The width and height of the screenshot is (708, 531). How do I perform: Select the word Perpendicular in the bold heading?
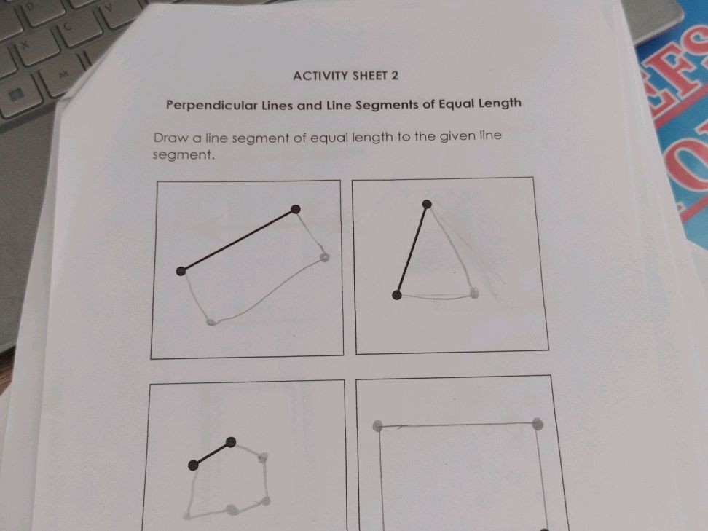(x=212, y=104)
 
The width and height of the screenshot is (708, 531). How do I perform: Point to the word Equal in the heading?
(x=457, y=103)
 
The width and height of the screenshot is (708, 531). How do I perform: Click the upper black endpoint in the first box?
(x=295, y=210)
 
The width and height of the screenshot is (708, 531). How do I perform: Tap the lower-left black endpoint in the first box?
(x=181, y=271)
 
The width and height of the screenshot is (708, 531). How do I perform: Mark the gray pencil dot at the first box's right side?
(x=324, y=257)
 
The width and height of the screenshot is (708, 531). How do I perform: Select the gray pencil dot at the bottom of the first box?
(x=211, y=321)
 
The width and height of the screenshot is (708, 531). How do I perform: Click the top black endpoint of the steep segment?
(x=427, y=205)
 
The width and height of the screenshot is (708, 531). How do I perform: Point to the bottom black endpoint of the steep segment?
(x=397, y=294)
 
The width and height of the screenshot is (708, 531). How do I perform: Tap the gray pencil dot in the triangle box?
(x=474, y=293)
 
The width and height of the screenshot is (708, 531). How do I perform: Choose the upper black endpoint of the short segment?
(x=231, y=441)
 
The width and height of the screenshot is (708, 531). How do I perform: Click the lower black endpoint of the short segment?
(x=193, y=465)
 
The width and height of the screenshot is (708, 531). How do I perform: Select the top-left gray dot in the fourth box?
(x=377, y=426)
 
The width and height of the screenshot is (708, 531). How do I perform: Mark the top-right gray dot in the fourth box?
(x=537, y=422)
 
